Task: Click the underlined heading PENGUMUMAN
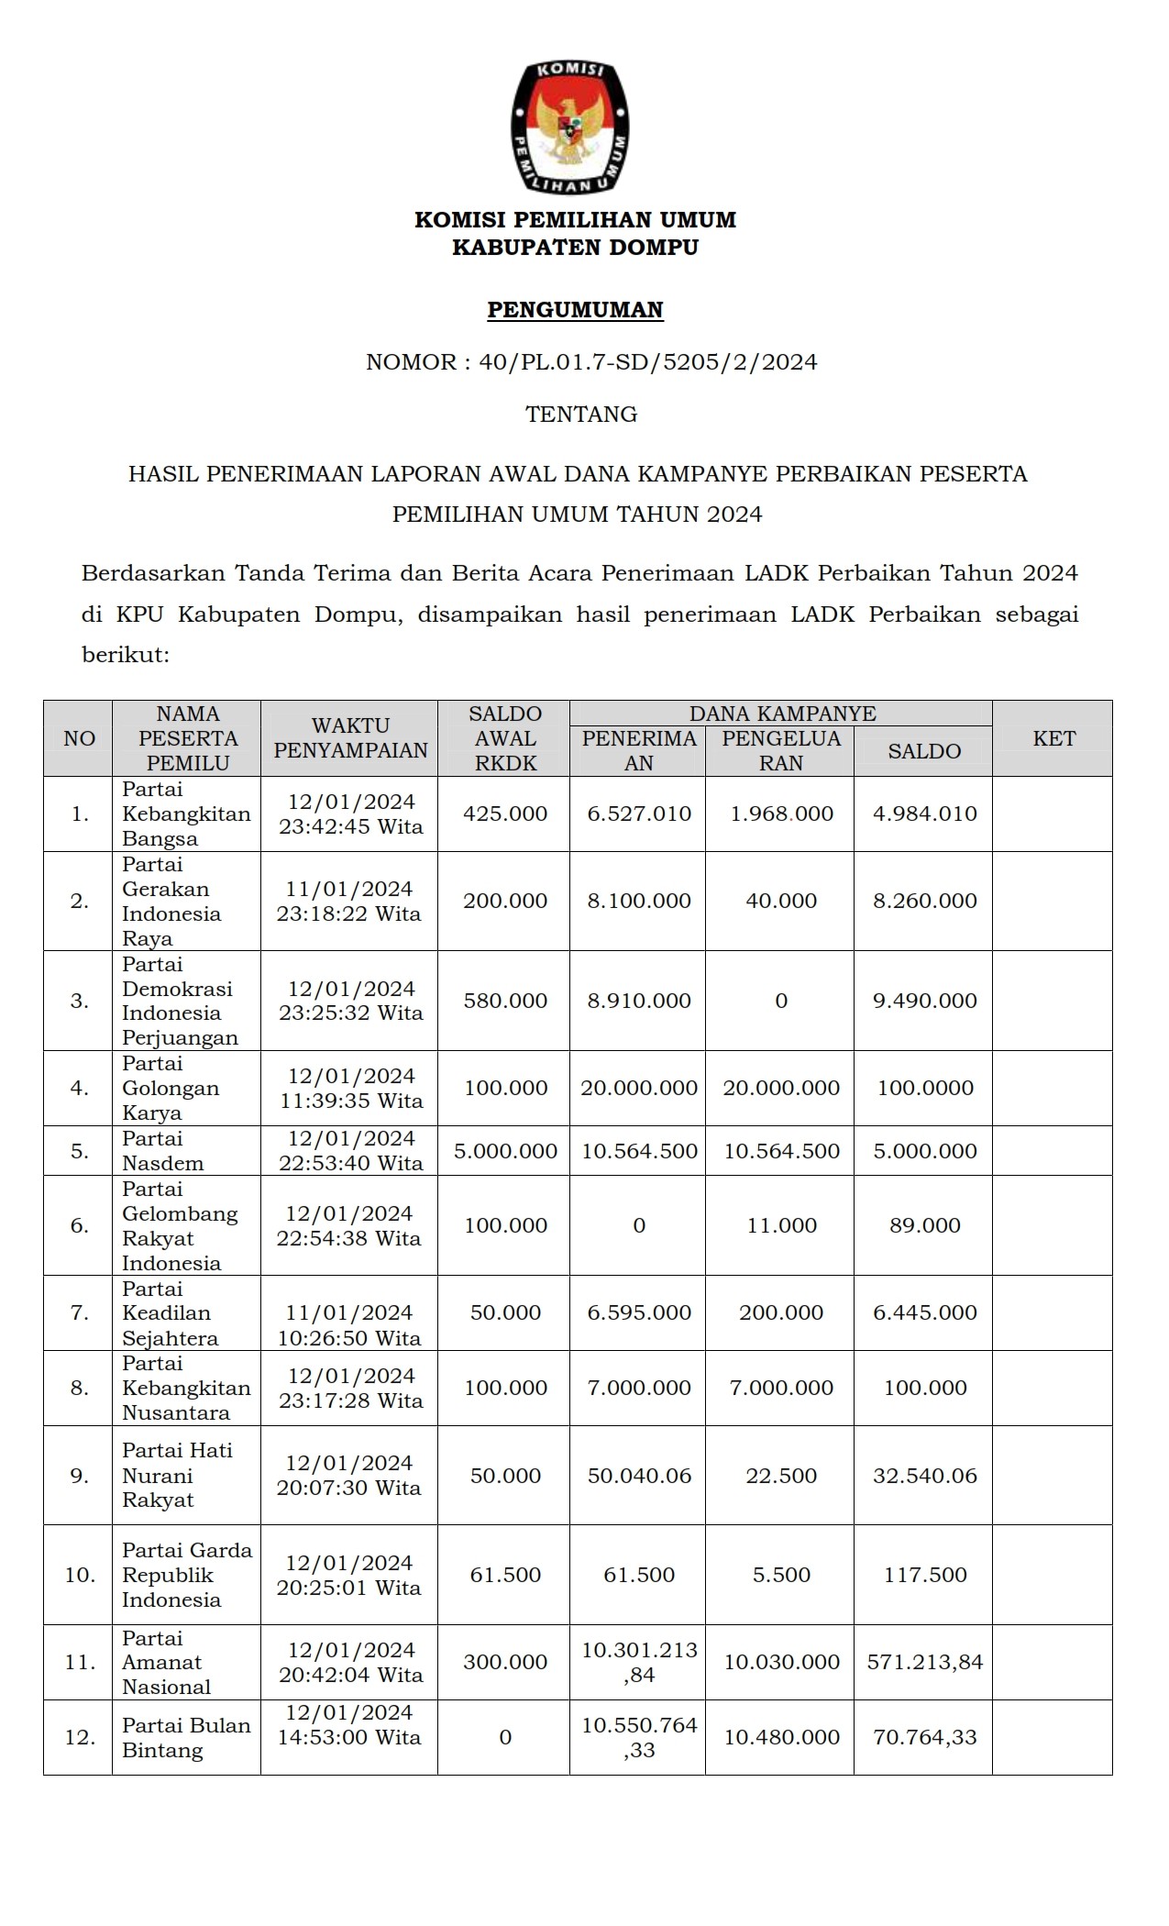[575, 310]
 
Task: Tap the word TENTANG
[581, 415]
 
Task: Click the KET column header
[1053, 738]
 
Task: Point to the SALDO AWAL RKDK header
[505, 738]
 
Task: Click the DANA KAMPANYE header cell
[782, 714]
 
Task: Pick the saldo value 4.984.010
[925, 814]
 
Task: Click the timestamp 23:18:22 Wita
[349, 913]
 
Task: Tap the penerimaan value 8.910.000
[639, 1001]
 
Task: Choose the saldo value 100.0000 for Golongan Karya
[925, 1088]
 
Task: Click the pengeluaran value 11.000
[781, 1225]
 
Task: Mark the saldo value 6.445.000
[925, 1312]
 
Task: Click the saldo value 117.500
[925, 1575]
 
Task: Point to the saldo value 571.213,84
[925, 1662]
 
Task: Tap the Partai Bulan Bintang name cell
[186, 1737]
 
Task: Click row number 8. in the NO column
[80, 1388]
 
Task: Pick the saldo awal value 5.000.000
[505, 1151]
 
